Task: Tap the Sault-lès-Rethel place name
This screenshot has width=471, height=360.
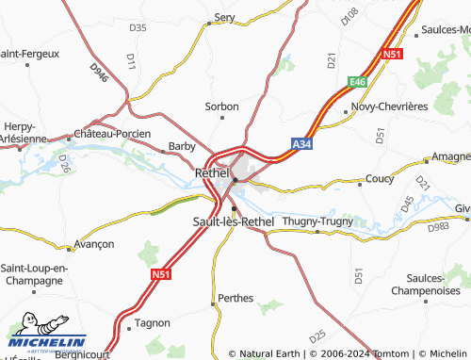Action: (233, 221)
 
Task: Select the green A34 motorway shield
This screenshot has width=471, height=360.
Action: (300, 144)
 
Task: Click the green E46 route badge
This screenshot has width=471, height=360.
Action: (356, 82)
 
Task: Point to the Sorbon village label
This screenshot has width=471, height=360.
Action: (222, 106)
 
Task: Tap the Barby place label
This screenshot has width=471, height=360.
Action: (181, 146)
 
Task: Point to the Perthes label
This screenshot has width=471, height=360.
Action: (235, 298)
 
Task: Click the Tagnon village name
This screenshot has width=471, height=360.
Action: (153, 322)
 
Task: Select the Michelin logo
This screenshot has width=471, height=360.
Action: (47, 341)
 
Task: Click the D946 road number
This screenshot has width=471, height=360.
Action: (99, 72)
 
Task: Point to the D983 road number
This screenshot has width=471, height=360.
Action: (438, 227)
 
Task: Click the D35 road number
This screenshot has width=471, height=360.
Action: (138, 27)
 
